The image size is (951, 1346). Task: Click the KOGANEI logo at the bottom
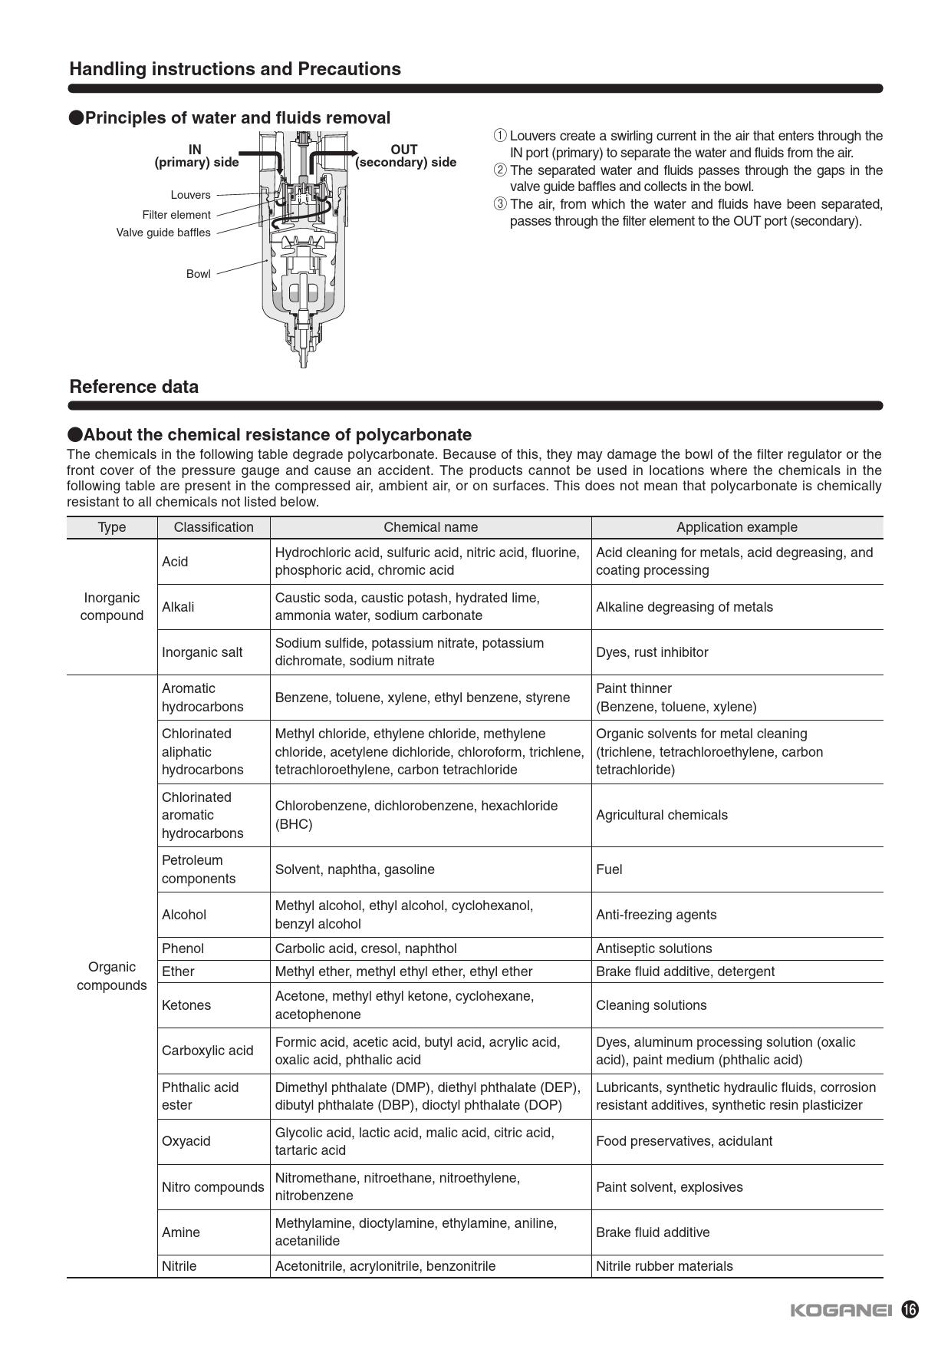point(841,1310)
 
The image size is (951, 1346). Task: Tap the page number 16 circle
point(910,1309)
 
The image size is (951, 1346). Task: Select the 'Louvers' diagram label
point(190,195)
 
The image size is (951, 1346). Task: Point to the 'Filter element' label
point(176,215)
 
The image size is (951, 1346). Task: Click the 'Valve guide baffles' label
point(163,233)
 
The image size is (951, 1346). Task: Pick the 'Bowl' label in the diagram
point(198,274)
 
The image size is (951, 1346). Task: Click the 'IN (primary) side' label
point(196,156)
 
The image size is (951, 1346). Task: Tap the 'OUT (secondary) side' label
point(405,156)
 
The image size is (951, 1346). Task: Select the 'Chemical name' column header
point(430,527)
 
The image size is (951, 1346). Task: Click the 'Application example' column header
point(736,527)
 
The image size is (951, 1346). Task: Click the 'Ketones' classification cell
point(186,1005)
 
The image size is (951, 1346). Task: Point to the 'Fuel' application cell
point(609,869)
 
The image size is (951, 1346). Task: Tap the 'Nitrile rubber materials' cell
point(664,1266)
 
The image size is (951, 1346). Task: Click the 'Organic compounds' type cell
point(112,976)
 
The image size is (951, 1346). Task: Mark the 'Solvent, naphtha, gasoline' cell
point(354,869)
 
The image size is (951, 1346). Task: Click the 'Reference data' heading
point(134,387)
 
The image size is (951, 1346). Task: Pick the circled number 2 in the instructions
point(500,170)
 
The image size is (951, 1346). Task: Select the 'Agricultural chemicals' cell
point(661,815)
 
